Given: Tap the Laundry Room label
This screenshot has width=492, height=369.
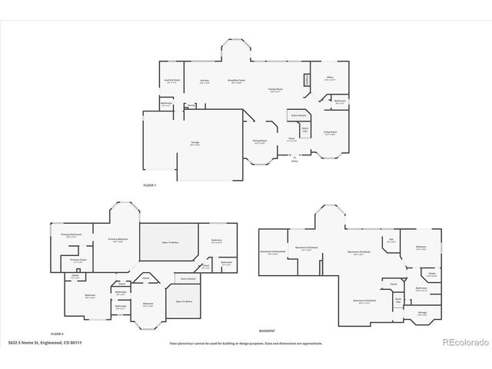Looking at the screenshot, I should (172, 80).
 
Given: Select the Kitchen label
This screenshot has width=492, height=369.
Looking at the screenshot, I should (204, 81).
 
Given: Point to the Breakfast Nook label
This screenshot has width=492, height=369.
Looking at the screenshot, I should (236, 81).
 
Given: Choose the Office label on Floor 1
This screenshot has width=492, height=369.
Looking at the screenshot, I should (329, 78).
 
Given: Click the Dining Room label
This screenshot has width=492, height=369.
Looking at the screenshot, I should (261, 141).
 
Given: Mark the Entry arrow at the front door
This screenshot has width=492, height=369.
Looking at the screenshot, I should (294, 160).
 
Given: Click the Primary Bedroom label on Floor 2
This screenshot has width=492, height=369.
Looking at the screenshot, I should (118, 239).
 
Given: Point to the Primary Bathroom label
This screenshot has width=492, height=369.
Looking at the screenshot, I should (71, 235).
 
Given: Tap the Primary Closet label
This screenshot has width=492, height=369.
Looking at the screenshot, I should (78, 260).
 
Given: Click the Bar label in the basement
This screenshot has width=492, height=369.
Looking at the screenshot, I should (391, 240).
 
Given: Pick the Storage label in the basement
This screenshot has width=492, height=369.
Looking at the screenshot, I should (422, 313).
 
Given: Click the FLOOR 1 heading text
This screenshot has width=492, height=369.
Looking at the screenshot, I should (149, 185).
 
